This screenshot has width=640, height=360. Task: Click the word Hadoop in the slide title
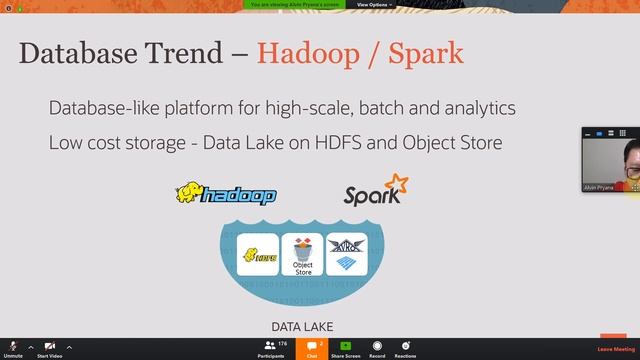click(x=309, y=53)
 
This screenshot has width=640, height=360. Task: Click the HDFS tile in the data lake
click(x=257, y=256)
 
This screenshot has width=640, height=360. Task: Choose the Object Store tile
click(x=302, y=255)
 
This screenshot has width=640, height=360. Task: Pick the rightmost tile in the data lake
click(x=347, y=255)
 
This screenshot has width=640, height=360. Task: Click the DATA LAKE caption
click(x=301, y=327)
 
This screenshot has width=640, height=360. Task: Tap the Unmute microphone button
click(x=13, y=348)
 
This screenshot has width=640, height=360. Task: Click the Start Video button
click(x=49, y=348)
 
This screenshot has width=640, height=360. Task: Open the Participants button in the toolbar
click(x=271, y=348)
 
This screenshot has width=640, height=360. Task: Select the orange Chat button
click(x=312, y=348)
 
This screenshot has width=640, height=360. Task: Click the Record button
click(x=377, y=348)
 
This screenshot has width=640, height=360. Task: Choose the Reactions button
click(x=405, y=348)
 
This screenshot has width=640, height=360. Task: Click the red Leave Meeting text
click(x=613, y=349)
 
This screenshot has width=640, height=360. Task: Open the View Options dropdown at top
click(x=374, y=5)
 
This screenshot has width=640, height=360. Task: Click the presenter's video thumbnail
click(x=610, y=160)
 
